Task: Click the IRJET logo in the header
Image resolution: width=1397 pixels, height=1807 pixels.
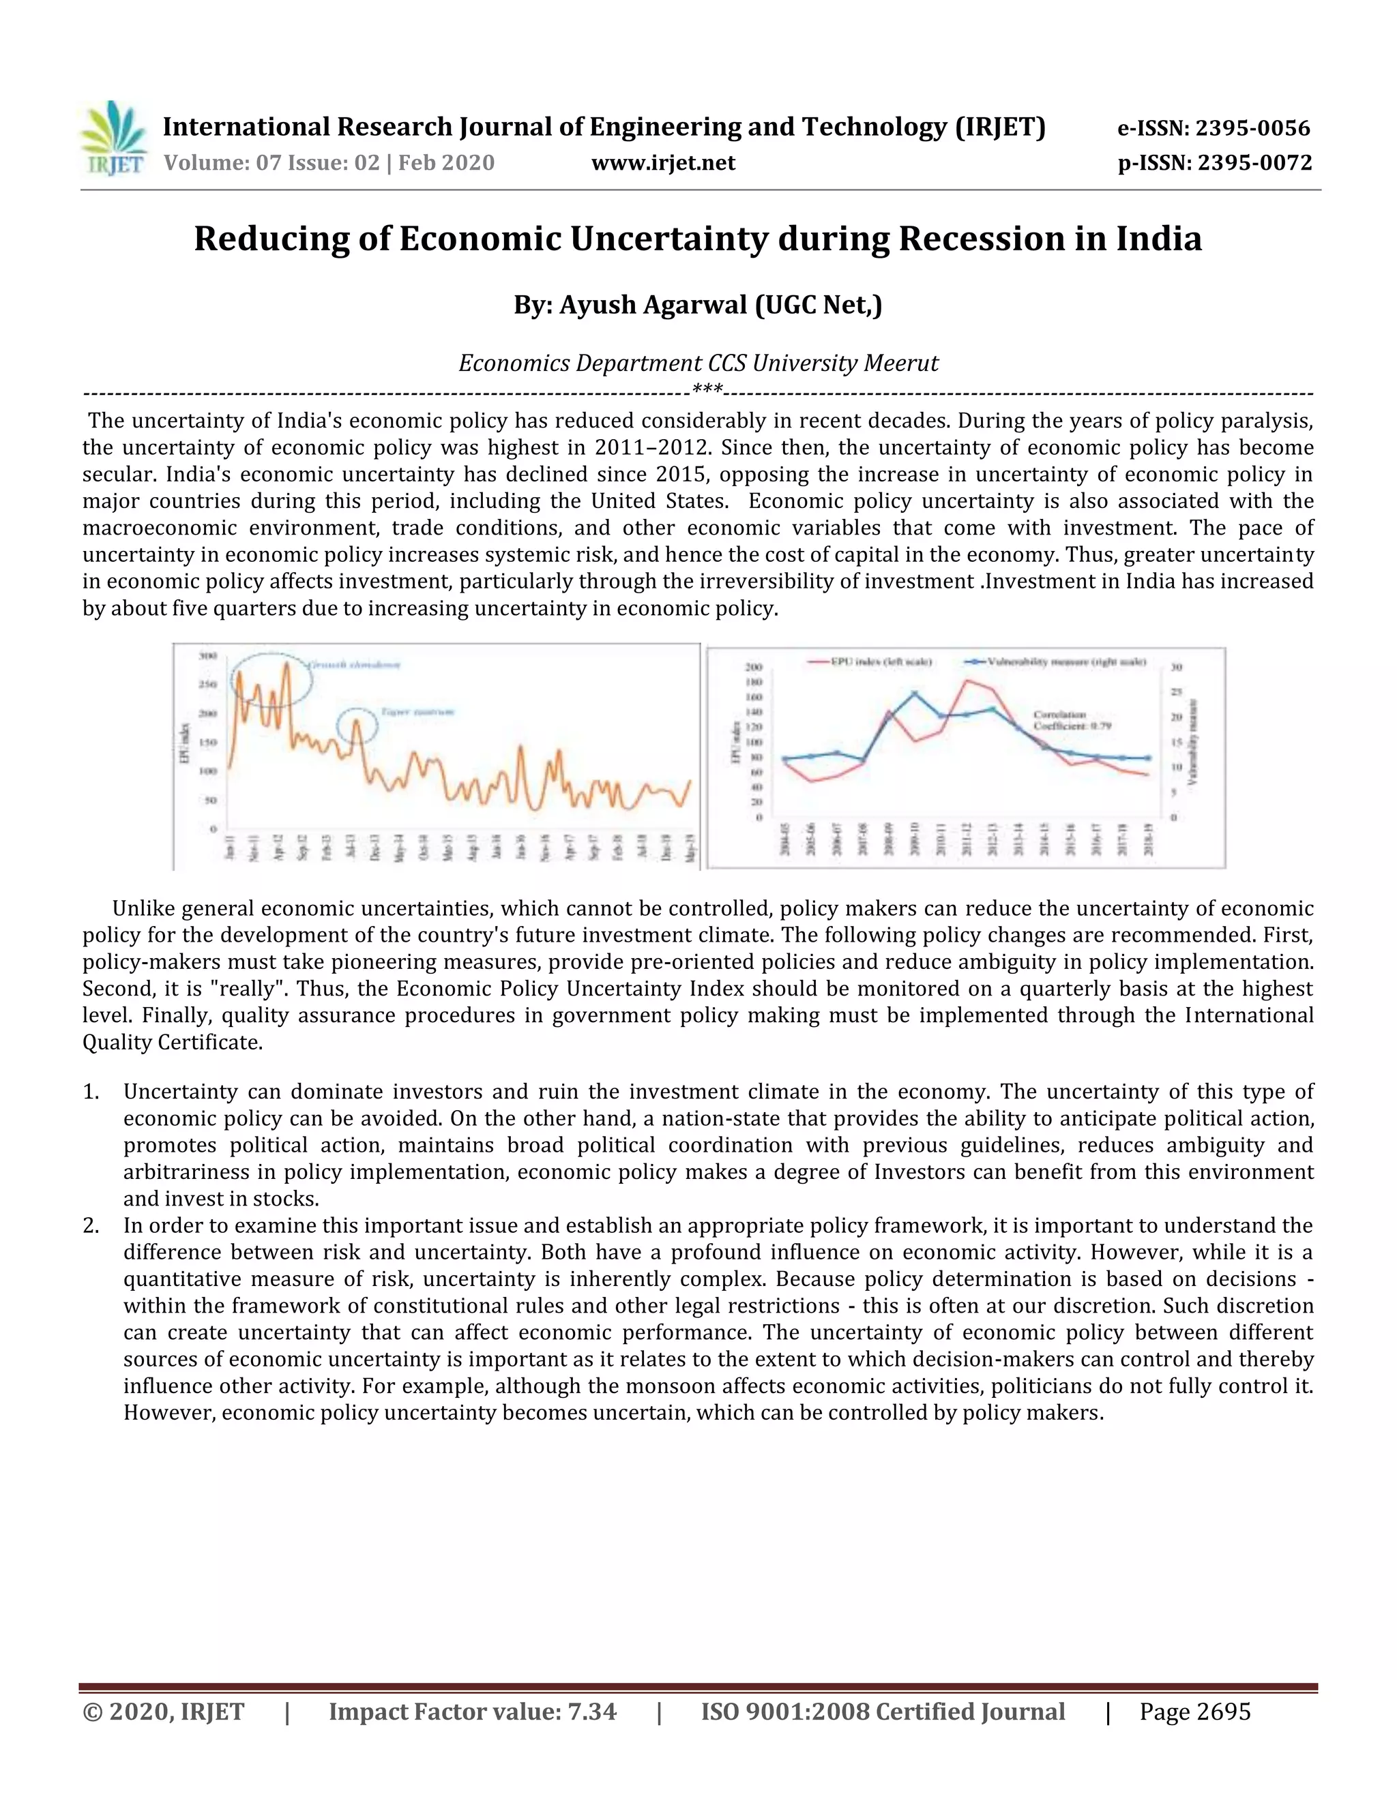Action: [x=114, y=138]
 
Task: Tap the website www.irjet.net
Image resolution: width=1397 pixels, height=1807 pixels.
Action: [x=663, y=163]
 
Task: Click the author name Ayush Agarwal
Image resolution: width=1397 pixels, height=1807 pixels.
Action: [x=653, y=305]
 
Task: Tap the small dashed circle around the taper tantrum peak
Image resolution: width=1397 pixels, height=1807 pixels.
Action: [x=357, y=726]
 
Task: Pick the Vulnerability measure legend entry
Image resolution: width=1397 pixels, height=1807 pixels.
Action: [x=1055, y=662]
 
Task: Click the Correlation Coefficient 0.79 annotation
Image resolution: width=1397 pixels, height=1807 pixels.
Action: [x=1072, y=720]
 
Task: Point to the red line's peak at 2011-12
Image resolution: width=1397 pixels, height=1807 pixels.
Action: [x=967, y=681]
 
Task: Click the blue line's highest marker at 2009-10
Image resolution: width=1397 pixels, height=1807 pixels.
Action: [x=915, y=693]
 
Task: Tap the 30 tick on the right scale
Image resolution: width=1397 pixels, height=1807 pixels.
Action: [x=1176, y=667]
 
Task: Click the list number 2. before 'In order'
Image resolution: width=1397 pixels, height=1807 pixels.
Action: [x=91, y=1225]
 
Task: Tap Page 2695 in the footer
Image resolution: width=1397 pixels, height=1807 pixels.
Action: [x=1194, y=1712]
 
